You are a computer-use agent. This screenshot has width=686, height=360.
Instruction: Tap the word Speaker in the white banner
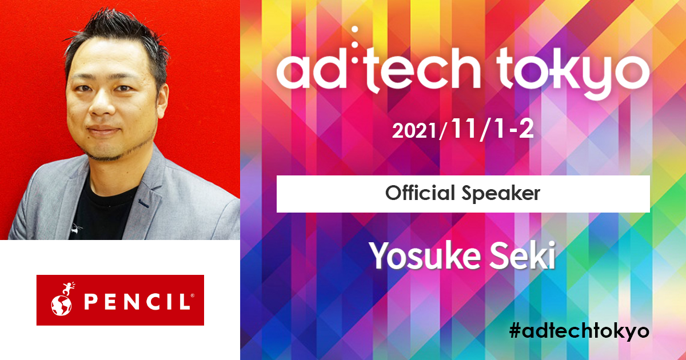click(x=501, y=194)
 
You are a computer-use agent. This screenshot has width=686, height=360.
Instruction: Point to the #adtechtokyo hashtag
click(x=579, y=332)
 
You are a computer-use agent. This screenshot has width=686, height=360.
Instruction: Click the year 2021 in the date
click(x=414, y=131)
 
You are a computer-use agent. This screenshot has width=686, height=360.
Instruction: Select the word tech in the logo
click(x=425, y=70)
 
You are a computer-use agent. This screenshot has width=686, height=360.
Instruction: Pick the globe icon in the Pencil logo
click(x=61, y=306)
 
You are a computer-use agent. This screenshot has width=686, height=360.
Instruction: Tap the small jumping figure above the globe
click(x=69, y=289)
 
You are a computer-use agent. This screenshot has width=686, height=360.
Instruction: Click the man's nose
click(x=102, y=104)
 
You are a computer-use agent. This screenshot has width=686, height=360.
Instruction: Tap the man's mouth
click(x=103, y=131)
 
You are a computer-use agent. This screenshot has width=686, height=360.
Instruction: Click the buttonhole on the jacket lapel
click(x=143, y=203)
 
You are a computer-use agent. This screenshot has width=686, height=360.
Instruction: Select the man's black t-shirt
click(x=101, y=211)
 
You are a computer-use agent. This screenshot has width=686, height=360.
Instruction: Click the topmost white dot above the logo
click(x=355, y=29)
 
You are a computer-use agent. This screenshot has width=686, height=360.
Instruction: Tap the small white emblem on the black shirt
click(x=75, y=228)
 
